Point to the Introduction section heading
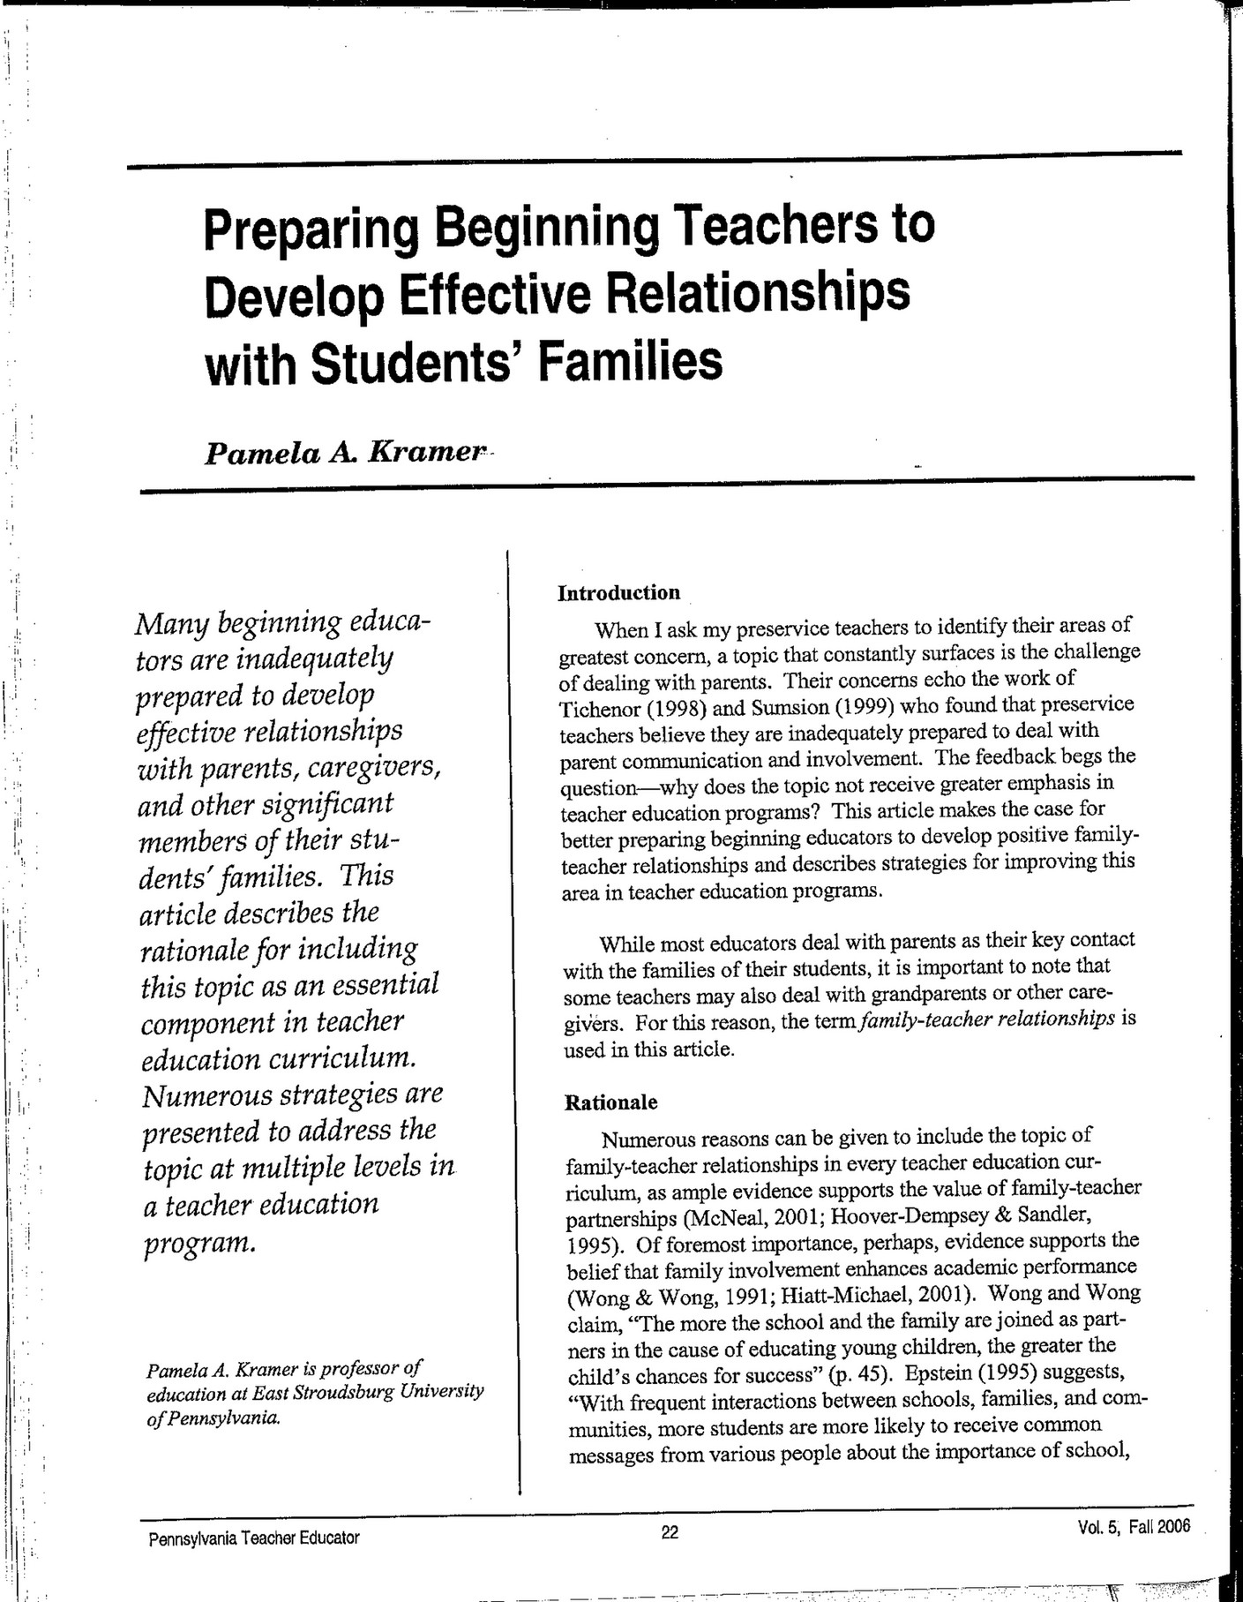tap(618, 592)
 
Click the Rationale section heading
tap(610, 1102)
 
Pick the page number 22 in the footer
tap(670, 1532)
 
